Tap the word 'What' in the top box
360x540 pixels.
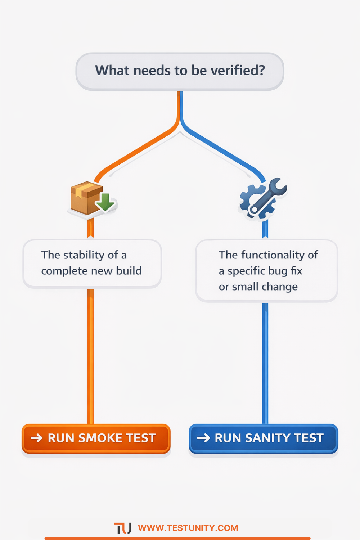[x=112, y=71]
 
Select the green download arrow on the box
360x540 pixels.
[x=105, y=202]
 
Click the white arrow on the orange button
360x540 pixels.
[x=37, y=438]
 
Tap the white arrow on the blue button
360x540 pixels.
[x=203, y=438]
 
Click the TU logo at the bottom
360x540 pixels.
[x=123, y=528]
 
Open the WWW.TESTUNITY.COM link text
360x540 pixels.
[x=188, y=528]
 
